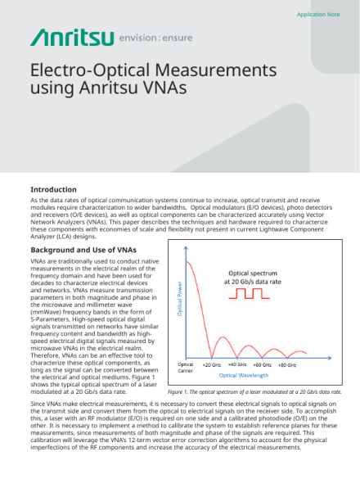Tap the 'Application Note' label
(x=317, y=15)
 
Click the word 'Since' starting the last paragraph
(x=39, y=405)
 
